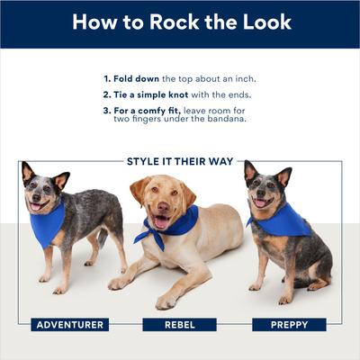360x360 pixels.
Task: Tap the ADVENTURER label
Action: [x=69, y=324]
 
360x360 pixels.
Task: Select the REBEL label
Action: [x=179, y=324]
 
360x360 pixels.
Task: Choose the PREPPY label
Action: [x=288, y=324]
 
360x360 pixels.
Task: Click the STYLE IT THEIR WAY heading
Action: [x=180, y=162]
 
